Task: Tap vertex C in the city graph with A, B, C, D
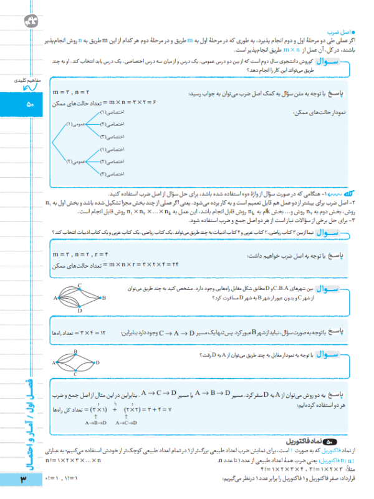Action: pos(80,285)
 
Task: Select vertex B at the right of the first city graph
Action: pos(103,298)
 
